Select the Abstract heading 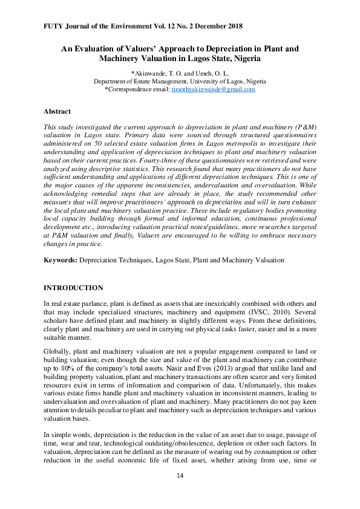coord(57,111)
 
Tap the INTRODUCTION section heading coord(73,287)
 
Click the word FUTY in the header coord(54,27)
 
